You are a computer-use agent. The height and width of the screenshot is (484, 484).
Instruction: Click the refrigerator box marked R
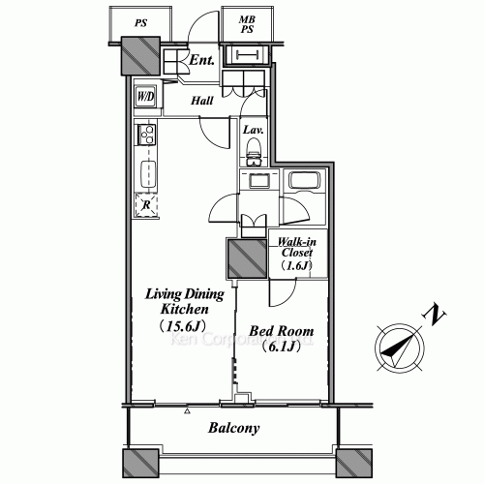[145, 204]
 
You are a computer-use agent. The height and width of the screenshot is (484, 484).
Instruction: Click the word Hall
[201, 101]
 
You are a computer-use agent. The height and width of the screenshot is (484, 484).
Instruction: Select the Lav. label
[254, 130]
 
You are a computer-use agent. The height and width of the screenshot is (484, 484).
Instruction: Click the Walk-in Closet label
[295, 253]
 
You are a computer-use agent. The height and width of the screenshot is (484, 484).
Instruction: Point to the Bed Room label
[281, 331]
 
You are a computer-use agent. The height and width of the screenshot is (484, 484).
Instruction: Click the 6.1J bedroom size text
[282, 348]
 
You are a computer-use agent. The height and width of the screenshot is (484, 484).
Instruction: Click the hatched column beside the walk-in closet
[246, 259]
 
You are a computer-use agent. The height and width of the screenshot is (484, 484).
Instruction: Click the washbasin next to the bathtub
[259, 180]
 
